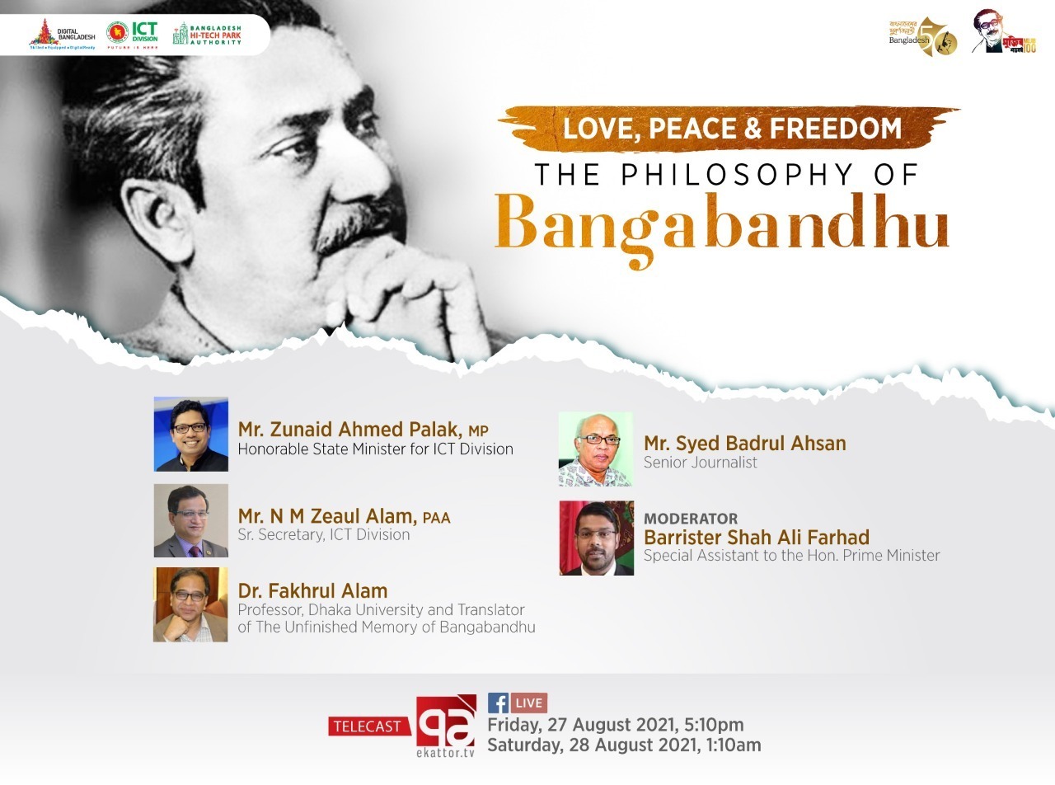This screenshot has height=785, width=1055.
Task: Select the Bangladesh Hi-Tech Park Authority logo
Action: [x=207, y=34]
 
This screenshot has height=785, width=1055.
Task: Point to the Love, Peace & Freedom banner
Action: [x=730, y=129]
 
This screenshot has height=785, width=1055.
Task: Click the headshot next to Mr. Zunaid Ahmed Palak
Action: [x=190, y=434]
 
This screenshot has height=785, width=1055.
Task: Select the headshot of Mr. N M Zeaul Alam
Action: [x=190, y=520]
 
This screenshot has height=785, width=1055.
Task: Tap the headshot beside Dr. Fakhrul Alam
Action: [x=190, y=604]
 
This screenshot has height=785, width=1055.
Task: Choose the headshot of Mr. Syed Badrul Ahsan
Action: [x=595, y=449]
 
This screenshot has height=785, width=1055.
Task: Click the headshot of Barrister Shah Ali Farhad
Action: [x=597, y=538]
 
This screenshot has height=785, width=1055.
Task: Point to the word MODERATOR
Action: [x=691, y=519]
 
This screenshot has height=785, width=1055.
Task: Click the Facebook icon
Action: [x=498, y=703]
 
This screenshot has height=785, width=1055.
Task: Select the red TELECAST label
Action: [x=369, y=726]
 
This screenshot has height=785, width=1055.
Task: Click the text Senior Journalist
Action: [x=700, y=463]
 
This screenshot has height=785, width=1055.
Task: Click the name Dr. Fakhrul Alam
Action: [x=312, y=590]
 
